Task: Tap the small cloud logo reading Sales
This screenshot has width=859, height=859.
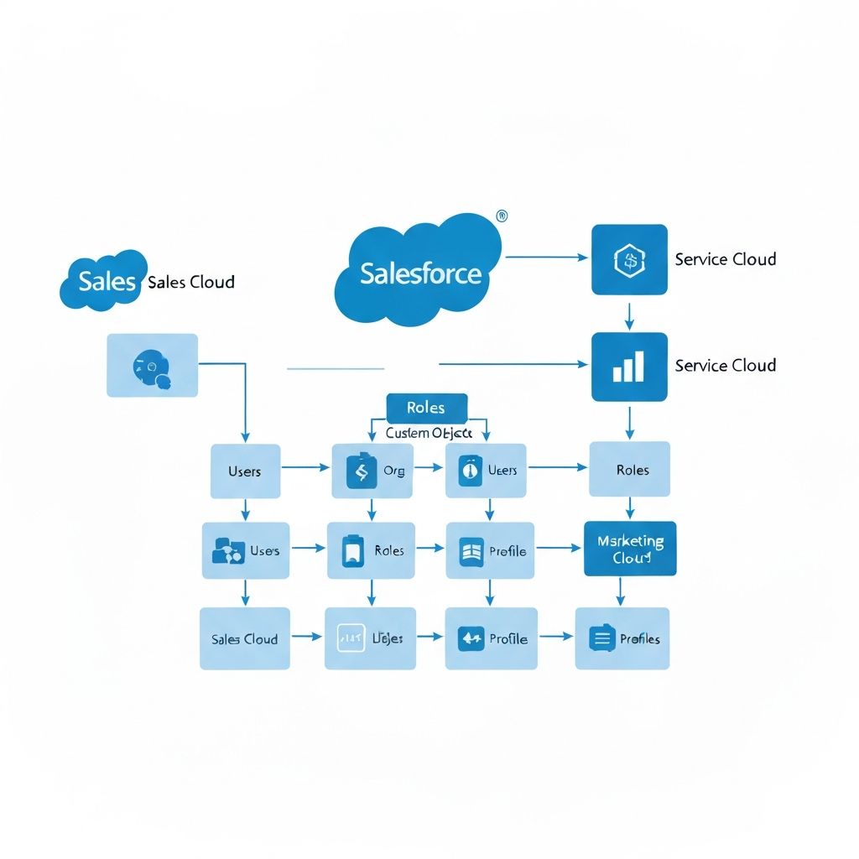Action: tap(103, 281)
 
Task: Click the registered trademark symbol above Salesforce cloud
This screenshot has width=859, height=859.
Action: tap(502, 216)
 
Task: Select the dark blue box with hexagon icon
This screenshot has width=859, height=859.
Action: tap(629, 259)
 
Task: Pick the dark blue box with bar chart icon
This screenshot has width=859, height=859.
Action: tap(629, 367)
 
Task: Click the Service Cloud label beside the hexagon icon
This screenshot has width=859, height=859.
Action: tap(726, 259)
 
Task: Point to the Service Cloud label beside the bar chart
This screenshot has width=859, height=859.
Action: tap(726, 366)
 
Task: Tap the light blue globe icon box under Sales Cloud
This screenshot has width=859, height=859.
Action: tap(153, 365)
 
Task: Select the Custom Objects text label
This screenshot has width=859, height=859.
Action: tap(429, 434)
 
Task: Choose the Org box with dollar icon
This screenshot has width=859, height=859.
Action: tap(372, 471)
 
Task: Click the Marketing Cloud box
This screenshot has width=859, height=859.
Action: tap(630, 549)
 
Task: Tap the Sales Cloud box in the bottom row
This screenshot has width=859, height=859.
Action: tap(244, 639)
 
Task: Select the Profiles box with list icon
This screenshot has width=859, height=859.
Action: tap(622, 639)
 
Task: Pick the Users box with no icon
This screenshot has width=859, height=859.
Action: tap(244, 471)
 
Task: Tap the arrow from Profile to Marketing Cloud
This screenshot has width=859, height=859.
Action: tap(558, 549)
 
